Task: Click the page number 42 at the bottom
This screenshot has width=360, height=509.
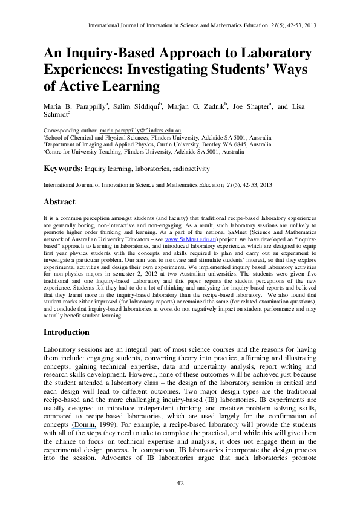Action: [x=180, y=482]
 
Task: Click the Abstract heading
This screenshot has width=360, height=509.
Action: [x=60, y=202]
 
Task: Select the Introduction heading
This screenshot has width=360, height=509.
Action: [x=67, y=332]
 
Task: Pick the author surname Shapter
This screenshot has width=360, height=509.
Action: [x=257, y=106]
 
